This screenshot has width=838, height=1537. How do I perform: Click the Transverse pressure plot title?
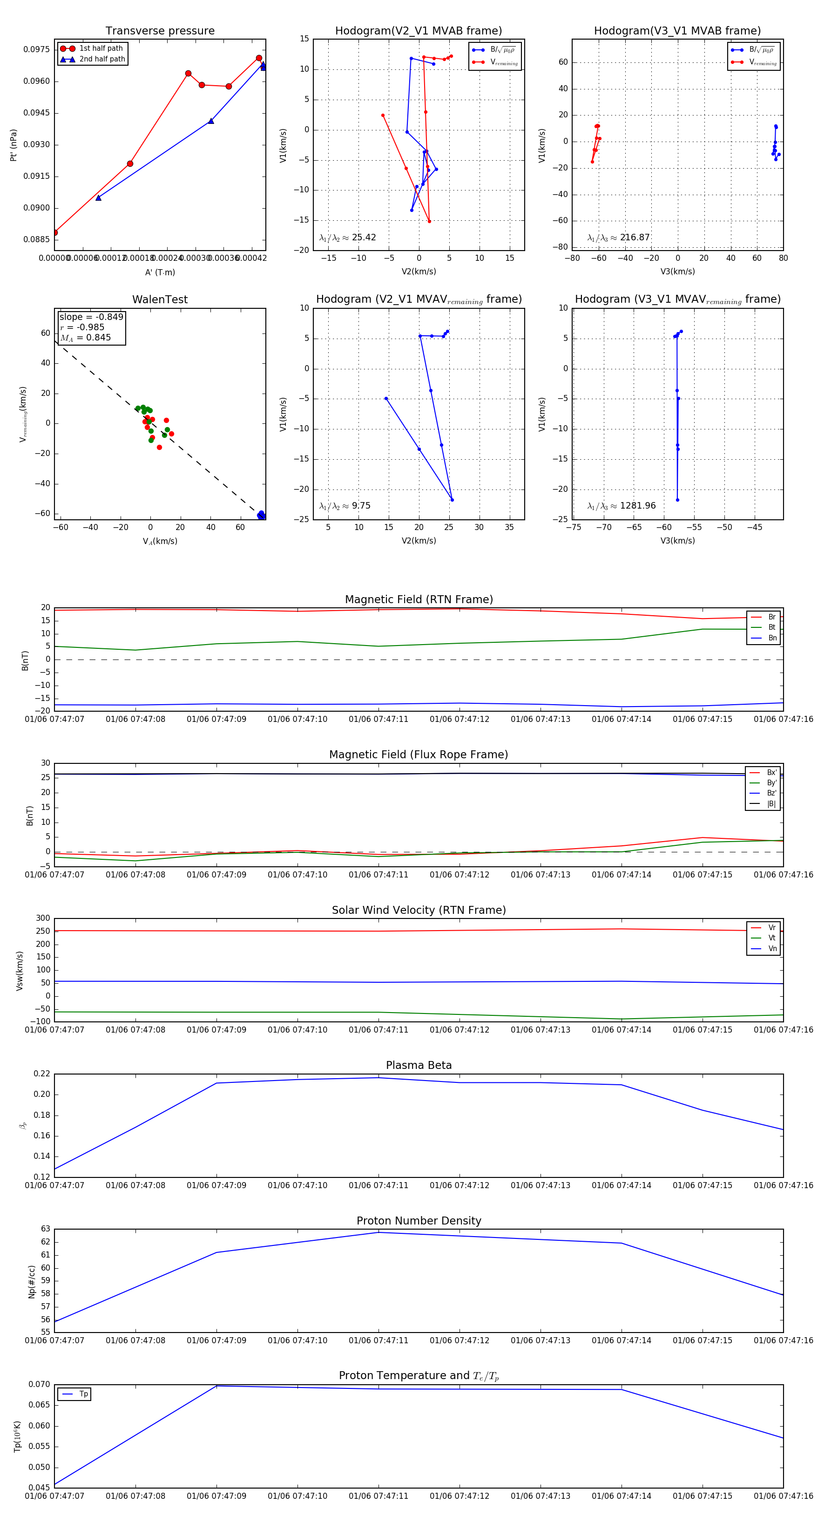click(160, 31)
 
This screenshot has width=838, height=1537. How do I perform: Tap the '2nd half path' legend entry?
click(102, 59)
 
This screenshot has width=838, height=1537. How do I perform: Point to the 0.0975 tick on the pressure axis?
click(36, 49)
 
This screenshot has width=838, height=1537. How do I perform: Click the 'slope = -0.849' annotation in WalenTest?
click(91, 317)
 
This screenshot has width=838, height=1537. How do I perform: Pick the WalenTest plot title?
click(160, 299)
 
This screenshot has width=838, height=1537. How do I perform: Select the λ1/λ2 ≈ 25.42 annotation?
click(348, 238)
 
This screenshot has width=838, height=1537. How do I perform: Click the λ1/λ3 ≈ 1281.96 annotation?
click(622, 506)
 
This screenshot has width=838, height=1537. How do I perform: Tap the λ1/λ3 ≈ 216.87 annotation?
click(619, 238)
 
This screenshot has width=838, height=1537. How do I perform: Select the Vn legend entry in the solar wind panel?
click(772, 949)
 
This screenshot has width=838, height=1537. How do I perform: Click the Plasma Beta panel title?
click(419, 1066)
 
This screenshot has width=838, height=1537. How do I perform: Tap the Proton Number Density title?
click(419, 1221)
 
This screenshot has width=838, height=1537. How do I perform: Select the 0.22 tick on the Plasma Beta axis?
click(42, 1074)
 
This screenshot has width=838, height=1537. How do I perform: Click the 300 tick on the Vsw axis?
click(43, 918)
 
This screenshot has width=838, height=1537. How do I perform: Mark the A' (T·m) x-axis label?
click(160, 272)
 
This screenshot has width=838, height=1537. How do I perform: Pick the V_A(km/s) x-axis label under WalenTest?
click(160, 541)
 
